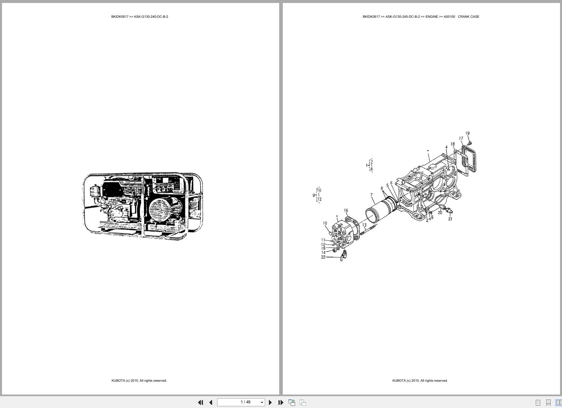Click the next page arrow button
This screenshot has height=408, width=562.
pos(270,402)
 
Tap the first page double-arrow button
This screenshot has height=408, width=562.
pos(200,402)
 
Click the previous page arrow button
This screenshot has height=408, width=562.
pos(211,402)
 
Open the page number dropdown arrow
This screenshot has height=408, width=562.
pos(262,402)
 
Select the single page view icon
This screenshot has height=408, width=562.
pos(538,402)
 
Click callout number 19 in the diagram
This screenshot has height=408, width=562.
pos(467,133)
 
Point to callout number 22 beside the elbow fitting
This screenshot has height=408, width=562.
pos(323,257)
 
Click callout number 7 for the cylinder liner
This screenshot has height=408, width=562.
pos(371,195)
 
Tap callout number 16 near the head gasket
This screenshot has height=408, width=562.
pos(346,210)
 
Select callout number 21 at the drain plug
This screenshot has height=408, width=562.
pos(450,219)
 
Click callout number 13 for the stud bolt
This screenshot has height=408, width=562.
pos(364,225)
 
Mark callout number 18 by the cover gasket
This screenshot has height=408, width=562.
pos(453,144)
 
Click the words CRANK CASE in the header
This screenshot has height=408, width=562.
pos(468,16)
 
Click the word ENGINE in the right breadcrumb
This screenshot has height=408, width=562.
pos(432,16)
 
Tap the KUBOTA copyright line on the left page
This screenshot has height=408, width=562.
pos(139,380)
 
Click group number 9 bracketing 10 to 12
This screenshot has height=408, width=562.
pos(314,195)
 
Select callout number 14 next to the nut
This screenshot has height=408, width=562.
pos(323,252)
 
